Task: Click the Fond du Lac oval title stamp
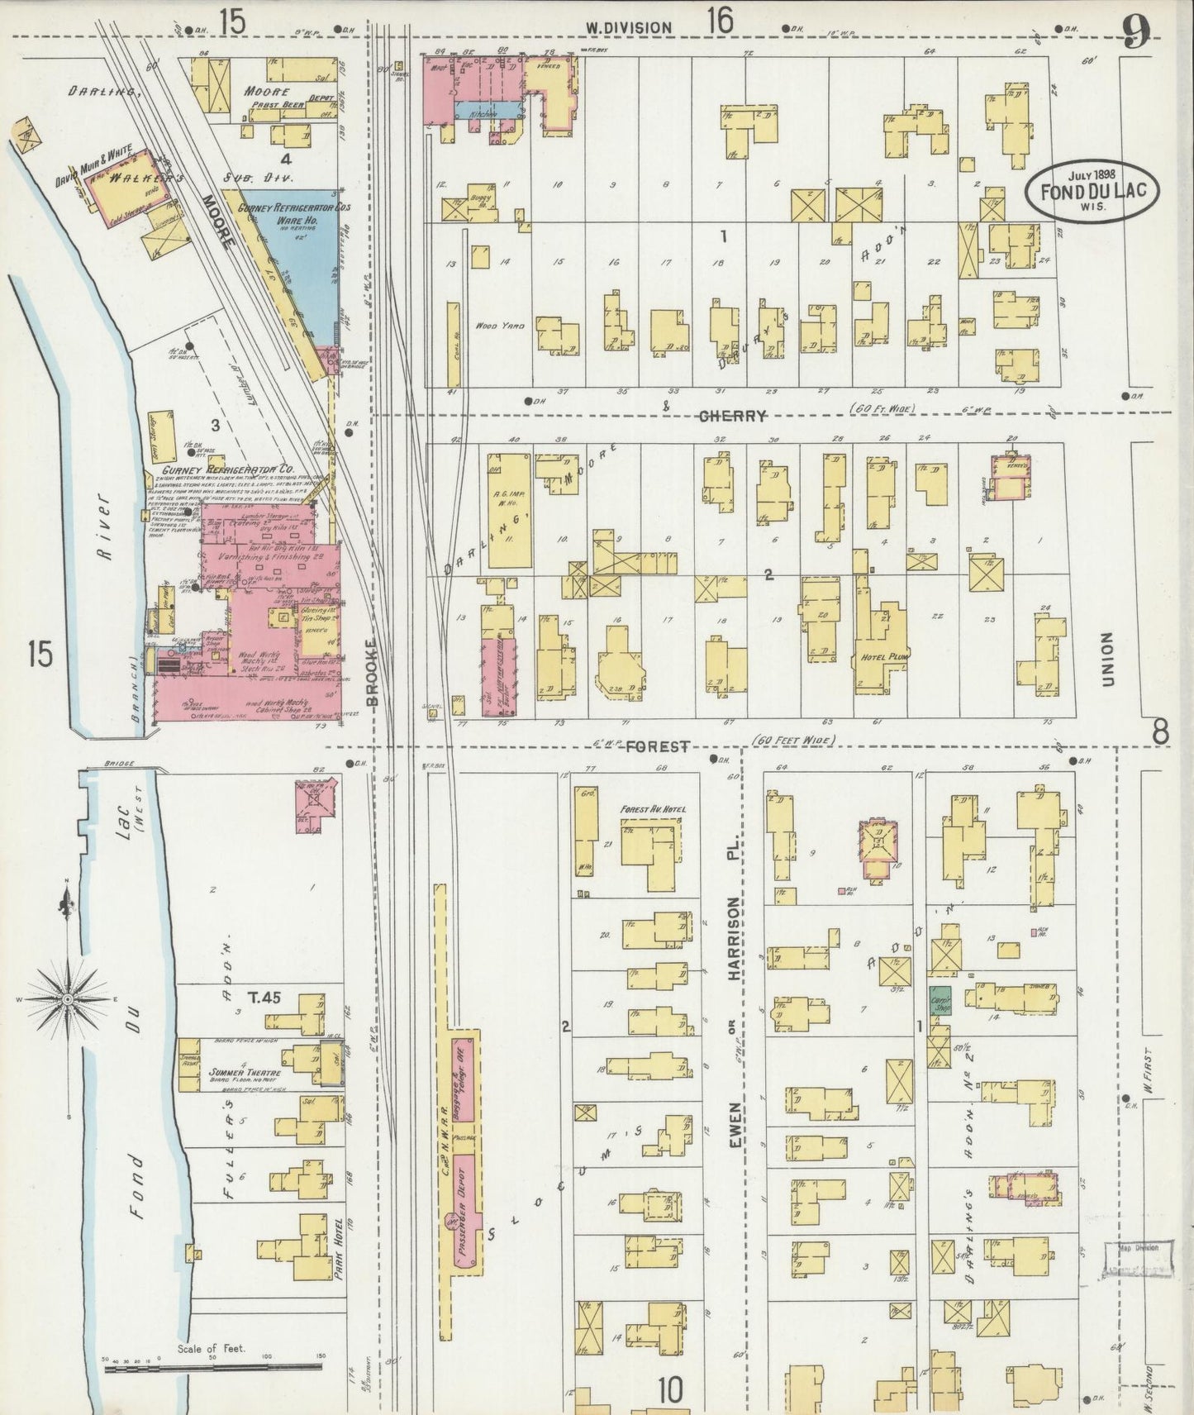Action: tap(1092, 191)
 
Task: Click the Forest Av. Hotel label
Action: tap(653, 809)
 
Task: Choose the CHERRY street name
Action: tap(732, 416)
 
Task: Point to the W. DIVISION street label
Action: tap(629, 27)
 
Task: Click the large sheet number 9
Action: tap(1137, 33)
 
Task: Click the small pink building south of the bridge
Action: tap(313, 801)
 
